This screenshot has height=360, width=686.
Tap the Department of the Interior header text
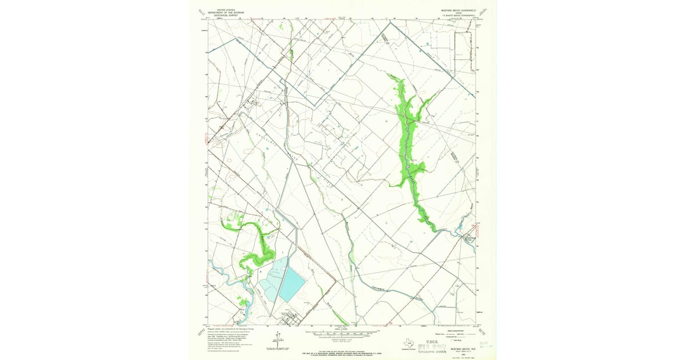pos(226,11)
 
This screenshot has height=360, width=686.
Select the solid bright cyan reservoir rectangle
pos(292,285)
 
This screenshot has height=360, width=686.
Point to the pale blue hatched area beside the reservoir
pos(269,280)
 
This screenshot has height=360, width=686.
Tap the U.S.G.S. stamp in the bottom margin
pos(439,342)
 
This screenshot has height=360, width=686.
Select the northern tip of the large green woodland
pos(390,75)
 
